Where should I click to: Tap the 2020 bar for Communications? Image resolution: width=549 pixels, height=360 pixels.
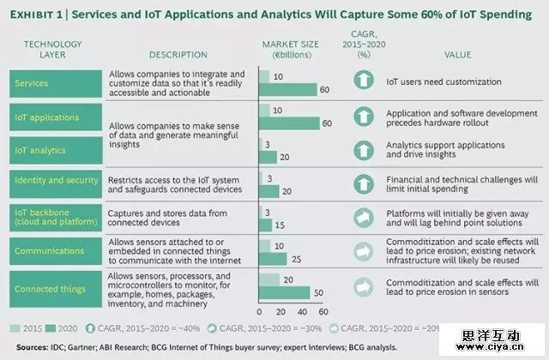coord(270,257)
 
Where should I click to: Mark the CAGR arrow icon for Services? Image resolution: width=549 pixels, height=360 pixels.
coord(363,82)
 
